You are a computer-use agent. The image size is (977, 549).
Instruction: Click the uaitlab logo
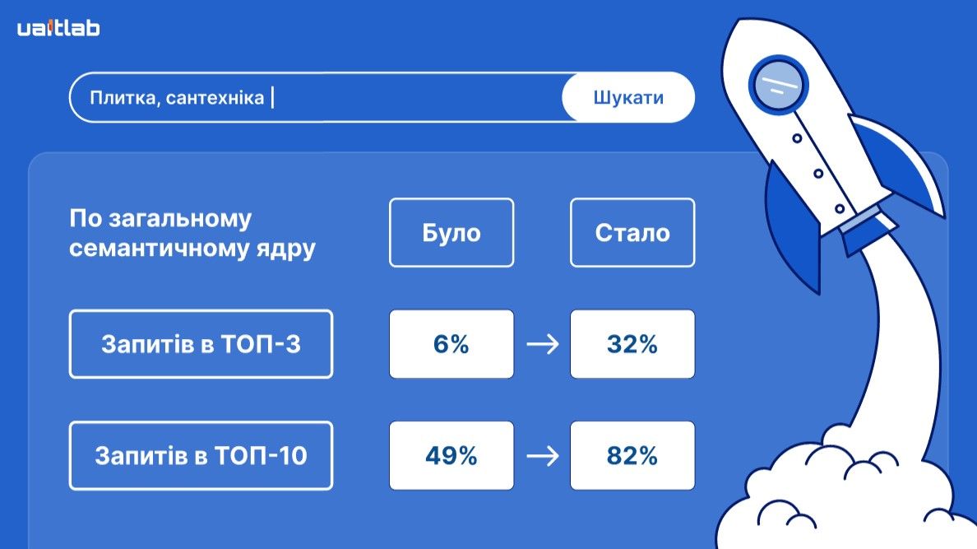click(58, 29)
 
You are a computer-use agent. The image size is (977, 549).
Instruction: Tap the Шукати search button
click(628, 98)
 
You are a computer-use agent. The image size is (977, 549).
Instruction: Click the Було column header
click(451, 232)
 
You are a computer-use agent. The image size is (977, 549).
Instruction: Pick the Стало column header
click(632, 232)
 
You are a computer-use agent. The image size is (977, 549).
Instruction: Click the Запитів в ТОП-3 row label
click(201, 344)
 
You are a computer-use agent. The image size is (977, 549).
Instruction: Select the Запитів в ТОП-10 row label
click(201, 455)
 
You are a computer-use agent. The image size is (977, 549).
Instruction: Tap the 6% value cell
click(451, 344)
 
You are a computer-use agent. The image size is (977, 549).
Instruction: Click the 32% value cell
click(632, 344)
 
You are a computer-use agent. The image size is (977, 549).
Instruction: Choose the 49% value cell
click(451, 455)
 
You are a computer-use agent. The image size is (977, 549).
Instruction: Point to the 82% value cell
click(632, 455)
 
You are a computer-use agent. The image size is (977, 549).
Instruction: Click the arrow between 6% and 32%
click(542, 344)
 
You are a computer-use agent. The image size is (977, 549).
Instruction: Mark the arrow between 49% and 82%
click(542, 455)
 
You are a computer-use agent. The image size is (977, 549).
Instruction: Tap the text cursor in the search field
click(272, 98)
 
